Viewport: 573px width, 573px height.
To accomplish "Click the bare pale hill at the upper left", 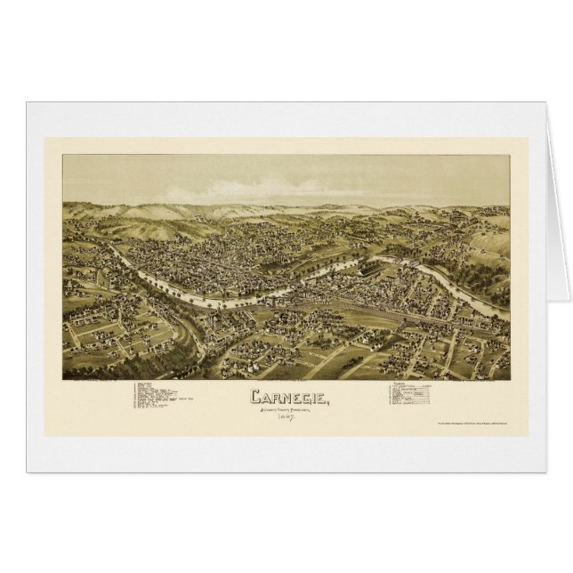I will [160, 227].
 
